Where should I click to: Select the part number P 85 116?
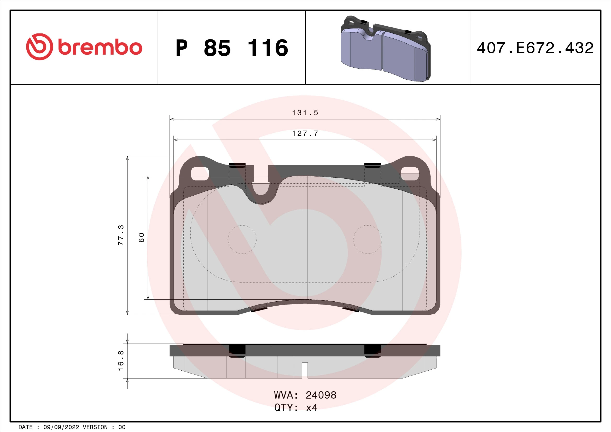point(231,48)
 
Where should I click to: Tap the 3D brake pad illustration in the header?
point(385,49)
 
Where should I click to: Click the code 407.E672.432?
point(535,48)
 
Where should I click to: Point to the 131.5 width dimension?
point(305,113)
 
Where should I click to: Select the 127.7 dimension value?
point(305,133)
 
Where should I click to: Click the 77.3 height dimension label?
point(121,235)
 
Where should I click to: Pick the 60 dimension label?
point(142,237)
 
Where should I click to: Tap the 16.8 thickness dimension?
point(121,361)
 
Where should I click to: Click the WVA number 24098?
point(321,395)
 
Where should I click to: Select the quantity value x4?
point(312,407)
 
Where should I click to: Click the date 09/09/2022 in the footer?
point(61,427)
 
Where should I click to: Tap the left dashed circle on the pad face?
point(242,240)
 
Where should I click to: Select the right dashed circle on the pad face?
point(368,240)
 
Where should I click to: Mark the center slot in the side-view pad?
point(305,370)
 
